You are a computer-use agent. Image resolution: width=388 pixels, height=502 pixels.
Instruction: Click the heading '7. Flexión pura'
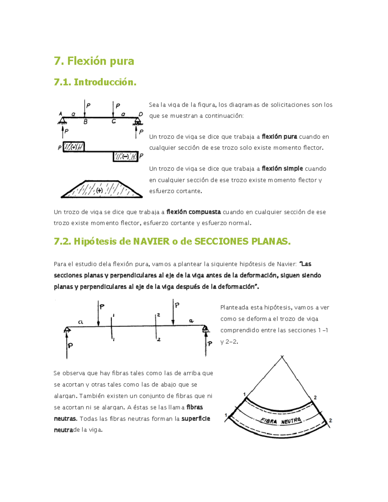click(94, 61)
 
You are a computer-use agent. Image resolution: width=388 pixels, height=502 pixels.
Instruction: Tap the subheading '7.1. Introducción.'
click(95, 82)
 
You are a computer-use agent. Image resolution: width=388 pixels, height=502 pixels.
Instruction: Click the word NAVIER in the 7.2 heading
click(151, 241)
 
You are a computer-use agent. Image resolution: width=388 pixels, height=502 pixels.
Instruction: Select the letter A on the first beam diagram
click(60, 114)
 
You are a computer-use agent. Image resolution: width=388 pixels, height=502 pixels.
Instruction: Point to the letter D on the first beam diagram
click(141, 114)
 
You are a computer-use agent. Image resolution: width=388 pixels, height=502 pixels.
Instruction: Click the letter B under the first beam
click(86, 122)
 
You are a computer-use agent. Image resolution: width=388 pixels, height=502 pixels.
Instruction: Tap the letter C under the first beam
click(113, 122)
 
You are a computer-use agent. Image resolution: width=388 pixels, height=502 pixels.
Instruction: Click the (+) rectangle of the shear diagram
click(74, 147)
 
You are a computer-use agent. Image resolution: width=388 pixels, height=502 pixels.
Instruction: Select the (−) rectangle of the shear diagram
click(125, 156)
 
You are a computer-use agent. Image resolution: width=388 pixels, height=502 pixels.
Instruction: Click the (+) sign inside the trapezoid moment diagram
click(100, 190)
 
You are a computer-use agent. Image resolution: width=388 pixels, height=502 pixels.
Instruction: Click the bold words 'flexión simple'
click(282, 168)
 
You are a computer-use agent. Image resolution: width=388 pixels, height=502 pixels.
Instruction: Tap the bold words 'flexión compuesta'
click(193, 212)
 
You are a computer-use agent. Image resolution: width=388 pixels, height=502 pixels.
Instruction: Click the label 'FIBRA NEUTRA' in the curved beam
click(281, 421)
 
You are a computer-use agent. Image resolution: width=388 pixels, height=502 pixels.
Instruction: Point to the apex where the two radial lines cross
click(282, 357)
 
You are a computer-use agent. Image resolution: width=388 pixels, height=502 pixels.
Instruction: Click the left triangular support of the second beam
click(67, 329)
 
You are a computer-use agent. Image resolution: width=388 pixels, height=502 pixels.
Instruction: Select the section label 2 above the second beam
click(158, 315)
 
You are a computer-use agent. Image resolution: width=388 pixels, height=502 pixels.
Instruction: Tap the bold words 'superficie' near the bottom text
click(196, 419)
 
